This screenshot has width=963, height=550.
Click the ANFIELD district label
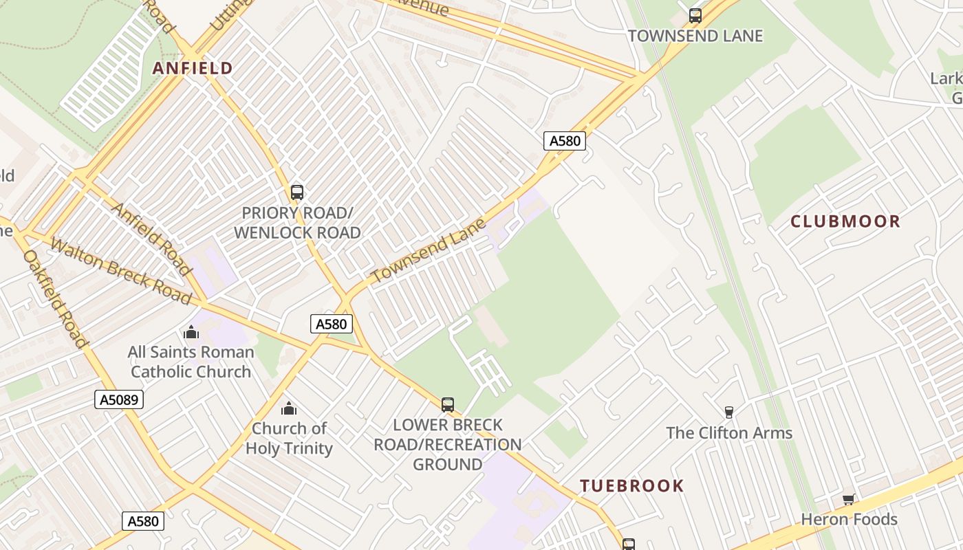(x=193, y=68)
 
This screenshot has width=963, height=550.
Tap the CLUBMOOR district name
(x=845, y=221)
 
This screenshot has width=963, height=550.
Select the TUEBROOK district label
(x=631, y=486)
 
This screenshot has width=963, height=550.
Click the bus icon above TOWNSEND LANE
(x=695, y=15)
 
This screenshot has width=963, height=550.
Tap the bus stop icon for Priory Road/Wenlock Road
(x=297, y=192)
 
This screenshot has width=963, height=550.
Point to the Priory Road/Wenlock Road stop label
(x=297, y=223)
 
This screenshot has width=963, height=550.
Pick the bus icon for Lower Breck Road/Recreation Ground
(x=448, y=404)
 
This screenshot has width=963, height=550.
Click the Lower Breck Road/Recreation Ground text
(x=448, y=444)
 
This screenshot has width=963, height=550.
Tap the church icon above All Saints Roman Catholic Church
(x=191, y=333)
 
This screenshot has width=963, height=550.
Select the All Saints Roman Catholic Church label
(x=191, y=362)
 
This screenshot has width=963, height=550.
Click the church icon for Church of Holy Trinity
(x=289, y=408)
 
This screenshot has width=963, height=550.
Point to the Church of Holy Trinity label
(x=289, y=438)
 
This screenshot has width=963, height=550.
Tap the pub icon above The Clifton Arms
(x=729, y=412)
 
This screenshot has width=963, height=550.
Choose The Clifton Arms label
(x=729, y=433)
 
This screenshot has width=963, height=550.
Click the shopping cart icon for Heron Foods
(x=849, y=499)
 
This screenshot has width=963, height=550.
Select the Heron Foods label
(x=849, y=519)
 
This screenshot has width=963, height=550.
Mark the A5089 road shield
(x=119, y=399)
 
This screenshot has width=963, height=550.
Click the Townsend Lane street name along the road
(x=428, y=250)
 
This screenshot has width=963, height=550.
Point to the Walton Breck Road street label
(x=120, y=271)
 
